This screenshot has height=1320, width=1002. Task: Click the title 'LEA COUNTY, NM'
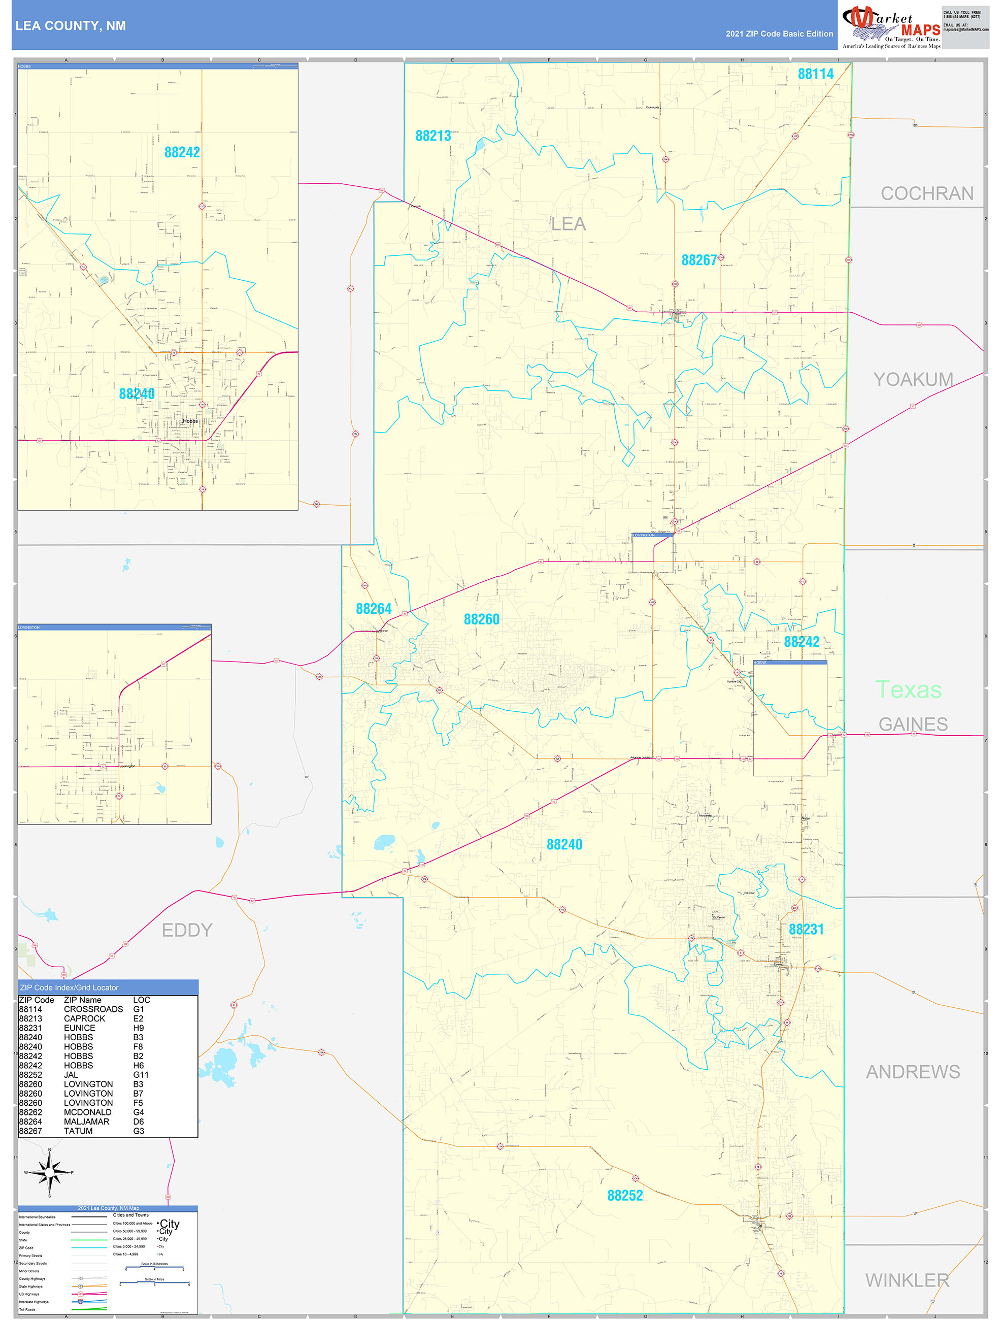[x=71, y=26]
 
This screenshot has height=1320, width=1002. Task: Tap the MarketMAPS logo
[x=891, y=27]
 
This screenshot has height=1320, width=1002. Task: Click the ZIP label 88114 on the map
[x=815, y=74]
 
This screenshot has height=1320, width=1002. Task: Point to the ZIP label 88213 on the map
[x=433, y=136]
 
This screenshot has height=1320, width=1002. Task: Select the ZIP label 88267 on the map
[x=699, y=260]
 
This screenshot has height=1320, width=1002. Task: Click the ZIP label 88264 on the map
[x=374, y=609]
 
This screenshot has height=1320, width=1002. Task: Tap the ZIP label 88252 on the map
[x=625, y=1195]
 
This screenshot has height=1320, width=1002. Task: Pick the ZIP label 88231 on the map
[x=806, y=929]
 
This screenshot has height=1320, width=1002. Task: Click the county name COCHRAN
[x=926, y=193]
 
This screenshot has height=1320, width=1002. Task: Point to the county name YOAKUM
[x=913, y=380]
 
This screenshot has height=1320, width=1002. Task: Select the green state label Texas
[x=908, y=690]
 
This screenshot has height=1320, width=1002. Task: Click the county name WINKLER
[x=907, y=1280]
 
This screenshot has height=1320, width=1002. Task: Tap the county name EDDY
[x=187, y=930]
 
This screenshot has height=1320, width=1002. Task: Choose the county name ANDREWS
[x=913, y=1072]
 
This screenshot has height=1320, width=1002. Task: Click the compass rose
[x=50, y=1173]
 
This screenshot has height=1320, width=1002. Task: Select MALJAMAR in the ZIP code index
[x=86, y=1121]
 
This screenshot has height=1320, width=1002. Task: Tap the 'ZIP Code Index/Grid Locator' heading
[x=69, y=987]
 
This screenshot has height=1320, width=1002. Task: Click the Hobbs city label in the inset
[x=190, y=421]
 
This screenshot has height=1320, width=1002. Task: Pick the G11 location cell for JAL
[x=141, y=1075]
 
